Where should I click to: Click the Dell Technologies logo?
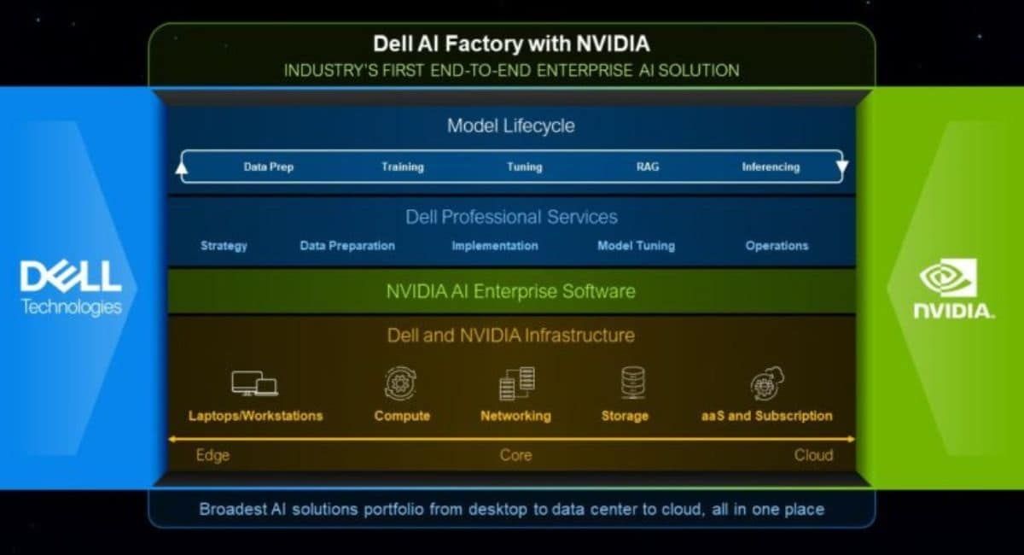point(70,288)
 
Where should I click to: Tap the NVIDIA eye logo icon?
point(947,277)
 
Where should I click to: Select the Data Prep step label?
point(268,167)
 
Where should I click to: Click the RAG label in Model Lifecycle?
point(647,167)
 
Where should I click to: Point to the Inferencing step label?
point(771,167)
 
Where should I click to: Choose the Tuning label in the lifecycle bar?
point(524,167)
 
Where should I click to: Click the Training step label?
point(402,167)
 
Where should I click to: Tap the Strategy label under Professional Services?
point(224,246)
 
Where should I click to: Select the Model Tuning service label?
point(636,246)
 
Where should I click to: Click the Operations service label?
point(777,246)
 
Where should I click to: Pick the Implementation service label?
point(495,246)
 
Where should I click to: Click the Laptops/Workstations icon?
point(254,383)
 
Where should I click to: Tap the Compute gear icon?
point(401,383)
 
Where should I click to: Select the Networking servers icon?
point(516,383)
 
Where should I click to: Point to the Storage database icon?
point(632,383)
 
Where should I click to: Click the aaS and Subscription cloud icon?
point(766,383)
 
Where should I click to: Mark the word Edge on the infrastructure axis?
point(212,455)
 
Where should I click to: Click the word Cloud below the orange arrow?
point(813,455)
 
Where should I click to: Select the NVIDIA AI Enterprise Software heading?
point(510,291)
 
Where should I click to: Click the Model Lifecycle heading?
point(510,126)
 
